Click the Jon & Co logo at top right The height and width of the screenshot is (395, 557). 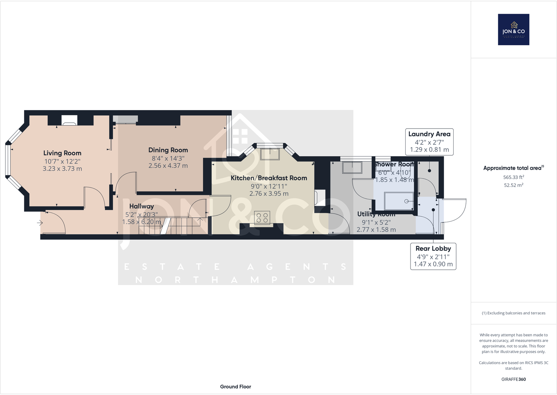pyautogui.click(x=514, y=29)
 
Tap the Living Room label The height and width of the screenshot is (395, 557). pyautogui.click(x=62, y=153)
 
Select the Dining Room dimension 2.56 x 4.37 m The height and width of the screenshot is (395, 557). pyautogui.click(x=168, y=166)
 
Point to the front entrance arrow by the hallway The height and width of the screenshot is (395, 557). pyautogui.click(x=40, y=223)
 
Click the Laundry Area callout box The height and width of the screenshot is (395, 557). pyautogui.click(x=429, y=142)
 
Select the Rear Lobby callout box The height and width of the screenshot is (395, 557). pyautogui.click(x=433, y=256)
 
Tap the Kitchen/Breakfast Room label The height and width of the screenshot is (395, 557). pyautogui.click(x=269, y=178)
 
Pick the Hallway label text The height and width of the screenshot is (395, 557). pyautogui.click(x=142, y=206)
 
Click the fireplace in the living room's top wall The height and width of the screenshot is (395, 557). pyautogui.click(x=69, y=120)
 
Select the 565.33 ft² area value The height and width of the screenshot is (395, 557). pyautogui.click(x=514, y=177)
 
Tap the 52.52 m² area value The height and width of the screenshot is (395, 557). pyautogui.click(x=514, y=185)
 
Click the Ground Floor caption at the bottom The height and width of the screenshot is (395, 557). pyautogui.click(x=235, y=387)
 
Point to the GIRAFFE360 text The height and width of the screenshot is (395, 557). pyautogui.click(x=514, y=379)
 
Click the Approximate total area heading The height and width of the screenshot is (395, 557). pyautogui.click(x=513, y=168)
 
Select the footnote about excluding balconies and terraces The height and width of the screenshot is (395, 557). pyautogui.click(x=514, y=313)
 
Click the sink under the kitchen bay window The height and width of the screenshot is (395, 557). pyautogui.click(x=270, y=154)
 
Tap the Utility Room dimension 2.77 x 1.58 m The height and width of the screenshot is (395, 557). pyautogui.click(x=376, y=230)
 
